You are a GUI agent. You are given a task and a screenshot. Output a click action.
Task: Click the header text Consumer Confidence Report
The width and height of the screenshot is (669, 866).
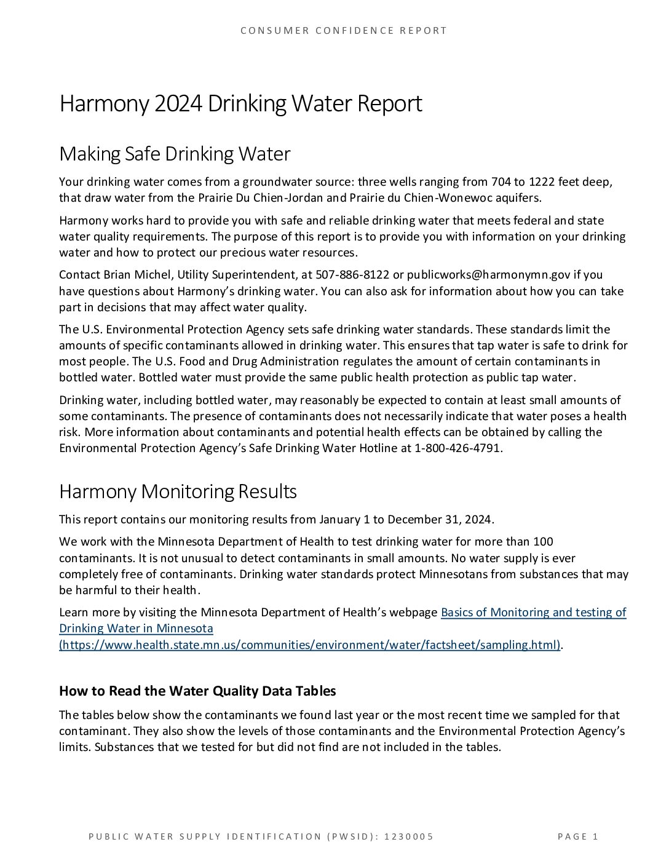tap(343, 30)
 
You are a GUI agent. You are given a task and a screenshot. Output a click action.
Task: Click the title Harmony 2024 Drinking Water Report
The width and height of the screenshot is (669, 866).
tap(240, 104)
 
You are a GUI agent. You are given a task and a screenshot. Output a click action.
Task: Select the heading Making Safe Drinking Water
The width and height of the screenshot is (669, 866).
tap(174, 154)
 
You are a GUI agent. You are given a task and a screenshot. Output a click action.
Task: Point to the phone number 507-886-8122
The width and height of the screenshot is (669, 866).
tap(352, 274)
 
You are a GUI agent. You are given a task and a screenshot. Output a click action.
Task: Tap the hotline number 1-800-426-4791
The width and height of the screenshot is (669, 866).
tap(459, 448)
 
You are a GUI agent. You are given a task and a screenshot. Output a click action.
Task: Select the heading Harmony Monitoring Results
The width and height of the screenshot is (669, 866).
tap(178, 491)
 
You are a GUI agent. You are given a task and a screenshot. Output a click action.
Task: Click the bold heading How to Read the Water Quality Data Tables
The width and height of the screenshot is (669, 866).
tap(197, 691)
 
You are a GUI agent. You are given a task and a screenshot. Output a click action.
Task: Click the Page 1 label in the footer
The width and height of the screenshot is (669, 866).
tap(578, 836)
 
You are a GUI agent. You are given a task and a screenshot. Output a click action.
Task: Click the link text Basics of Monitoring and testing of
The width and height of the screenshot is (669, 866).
tap(534, 612)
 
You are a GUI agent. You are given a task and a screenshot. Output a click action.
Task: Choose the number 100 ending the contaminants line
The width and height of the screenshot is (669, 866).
tap(543, 542)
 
